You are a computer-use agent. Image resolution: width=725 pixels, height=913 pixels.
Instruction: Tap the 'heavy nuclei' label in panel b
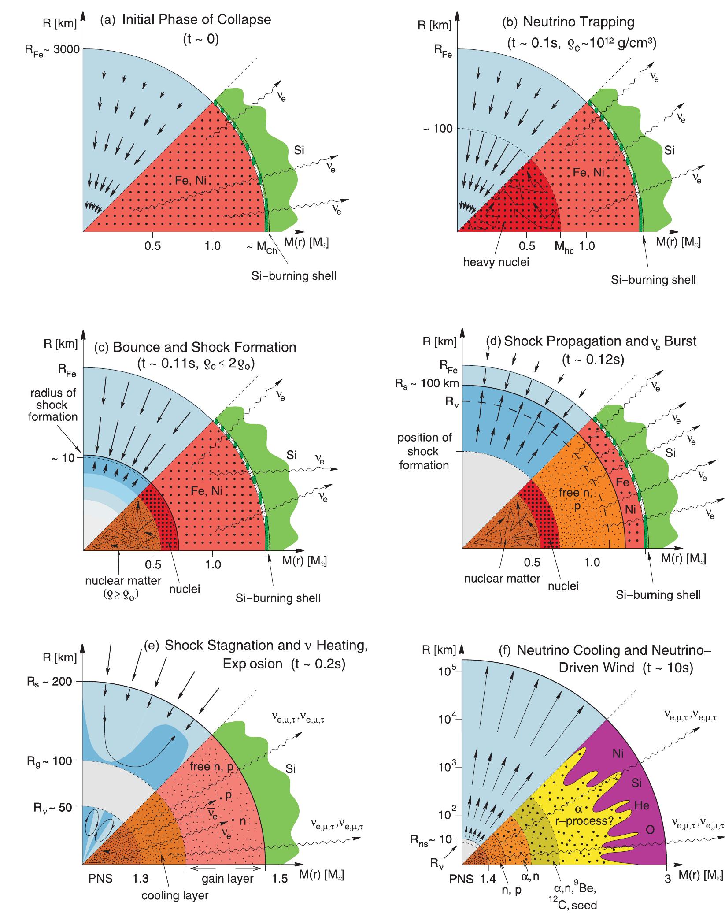coord(496,263)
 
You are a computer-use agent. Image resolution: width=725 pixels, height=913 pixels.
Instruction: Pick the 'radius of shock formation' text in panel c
coord(53,405)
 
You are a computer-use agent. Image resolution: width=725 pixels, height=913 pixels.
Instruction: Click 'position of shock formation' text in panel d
coord(424,451)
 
